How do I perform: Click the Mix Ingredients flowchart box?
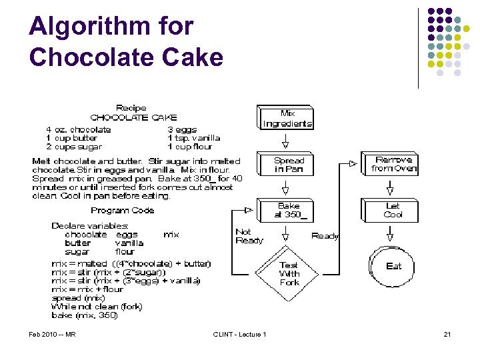pyautogui.click(x=287, y=118)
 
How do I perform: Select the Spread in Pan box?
pyautogui.click(x=289, y=165)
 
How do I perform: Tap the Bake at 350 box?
pyautogui.click(x=289, y=211)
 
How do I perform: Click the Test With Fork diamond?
pyautogui.click(x=289, y=273)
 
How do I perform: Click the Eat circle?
pyautogui.click(x=393, y=266)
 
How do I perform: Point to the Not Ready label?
pyautogui.click(x=249, y=236)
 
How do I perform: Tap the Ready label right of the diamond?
pyautogui.click(x=325, y=235)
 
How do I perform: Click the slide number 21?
pyautogui.click(x=447, y=334)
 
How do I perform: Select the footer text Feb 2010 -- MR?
pyautogui.click(x=52, y=334)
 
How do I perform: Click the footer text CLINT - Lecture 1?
pyautogui.click(x=239, y=334)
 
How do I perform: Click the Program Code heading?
pyautogui.click(x=123, y=210)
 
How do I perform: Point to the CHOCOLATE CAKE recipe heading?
pyautogui.click(x=133, y=117)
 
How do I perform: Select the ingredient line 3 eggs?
pyautogui.click(x=183, y=129)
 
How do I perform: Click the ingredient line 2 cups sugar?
pyautogui.click(x=74, y=147)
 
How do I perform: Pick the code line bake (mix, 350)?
pyautogui.click(x=85, y=315)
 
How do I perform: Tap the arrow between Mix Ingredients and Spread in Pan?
pyautogui.click(x=286, y=141)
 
